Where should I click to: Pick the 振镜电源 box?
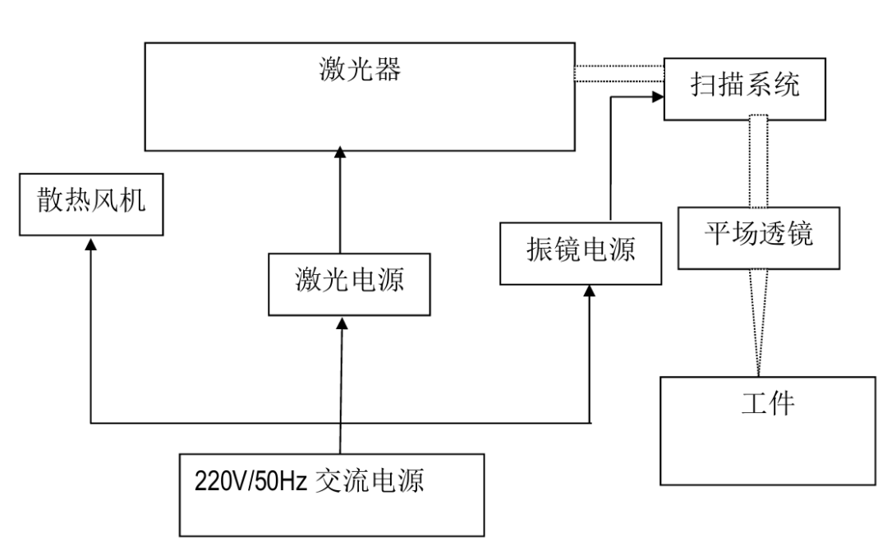pyautogui.click(x=581, y=250)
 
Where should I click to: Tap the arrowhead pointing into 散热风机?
pyautogui.click(x=90, y=245)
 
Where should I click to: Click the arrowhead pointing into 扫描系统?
pyautogui.click(x=657, y=97)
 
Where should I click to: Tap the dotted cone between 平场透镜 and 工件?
pyautogui.click(x=756, y=320)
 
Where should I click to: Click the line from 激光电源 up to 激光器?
pyautogui.click(x=339, y=205)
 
